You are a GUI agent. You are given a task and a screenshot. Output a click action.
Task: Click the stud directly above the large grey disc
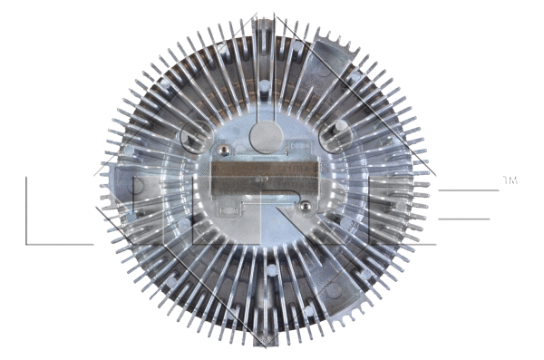264,86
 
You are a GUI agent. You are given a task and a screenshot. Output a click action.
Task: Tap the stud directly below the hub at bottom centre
272,269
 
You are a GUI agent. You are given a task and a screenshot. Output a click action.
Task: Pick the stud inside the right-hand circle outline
341,126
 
